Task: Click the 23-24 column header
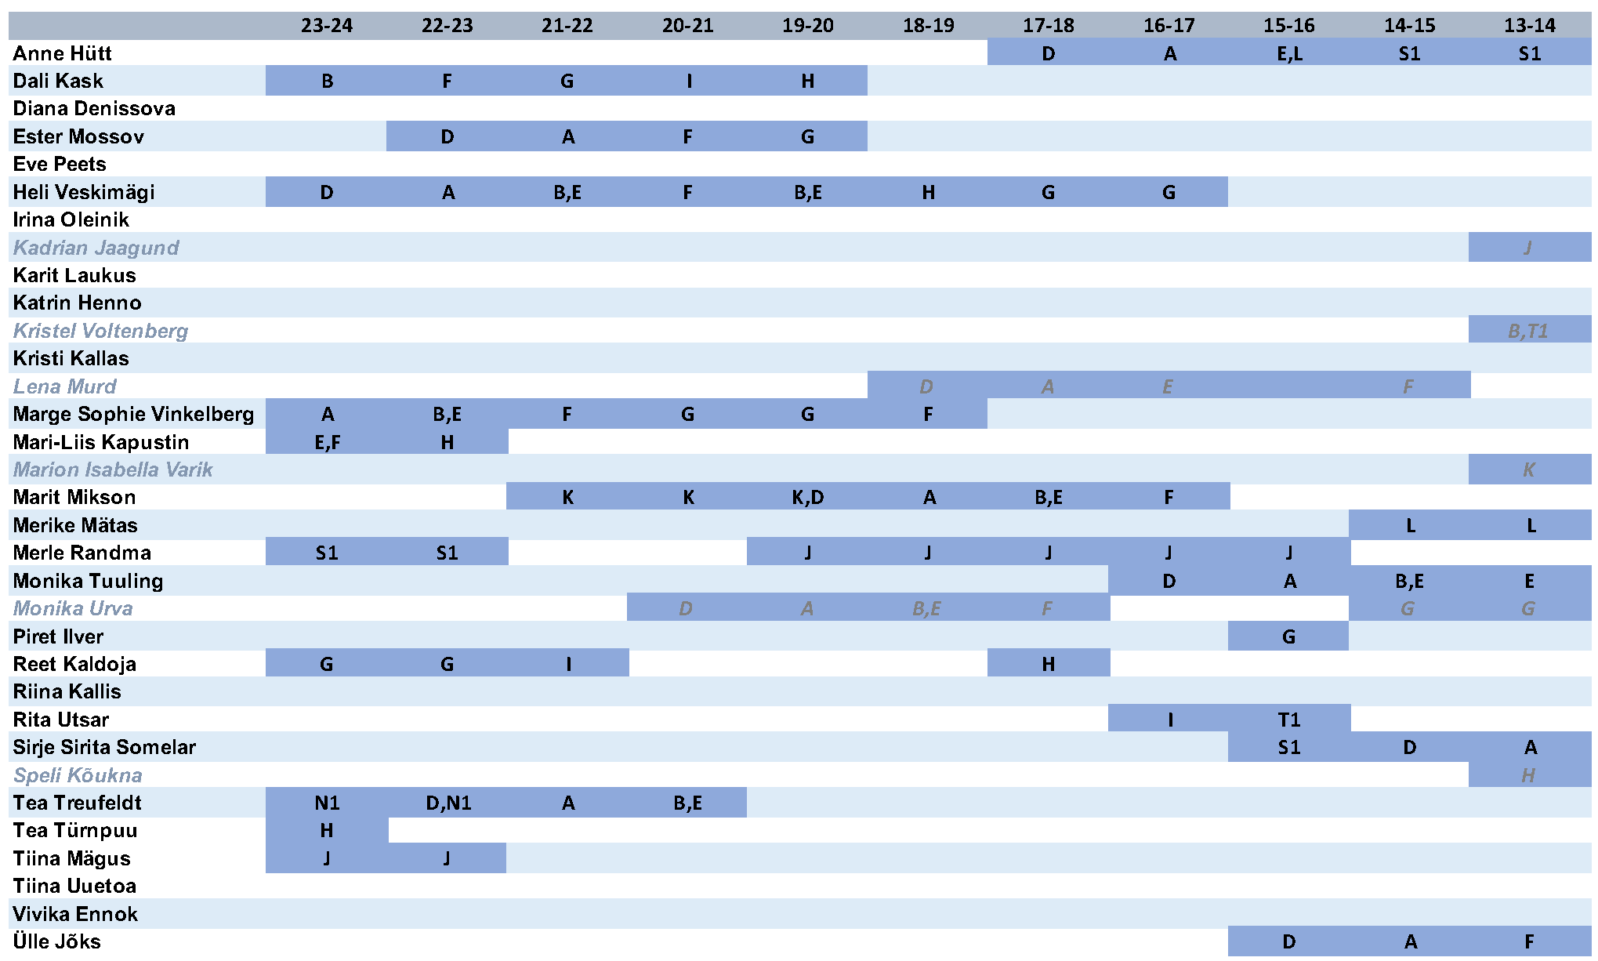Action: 327,25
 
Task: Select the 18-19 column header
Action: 928,25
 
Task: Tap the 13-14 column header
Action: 1529,25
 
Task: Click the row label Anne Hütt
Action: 62,53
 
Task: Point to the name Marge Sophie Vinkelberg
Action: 133,414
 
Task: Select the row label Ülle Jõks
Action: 56,941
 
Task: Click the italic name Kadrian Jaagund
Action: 96,248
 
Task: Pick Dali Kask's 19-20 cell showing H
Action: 807,81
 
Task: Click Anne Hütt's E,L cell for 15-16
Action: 1289,53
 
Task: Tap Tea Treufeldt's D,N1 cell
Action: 448,803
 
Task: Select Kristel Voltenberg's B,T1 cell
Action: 1528,331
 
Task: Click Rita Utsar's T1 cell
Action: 1289,720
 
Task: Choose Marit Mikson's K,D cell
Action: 807,497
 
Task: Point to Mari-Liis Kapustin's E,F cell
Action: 327,442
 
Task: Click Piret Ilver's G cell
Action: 1288,636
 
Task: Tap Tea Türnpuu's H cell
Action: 327,830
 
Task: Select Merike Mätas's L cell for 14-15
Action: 1410,525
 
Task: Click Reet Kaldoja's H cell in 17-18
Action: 1048,664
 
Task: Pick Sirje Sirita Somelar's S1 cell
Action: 1289,747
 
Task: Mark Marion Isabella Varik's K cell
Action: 1528,470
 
